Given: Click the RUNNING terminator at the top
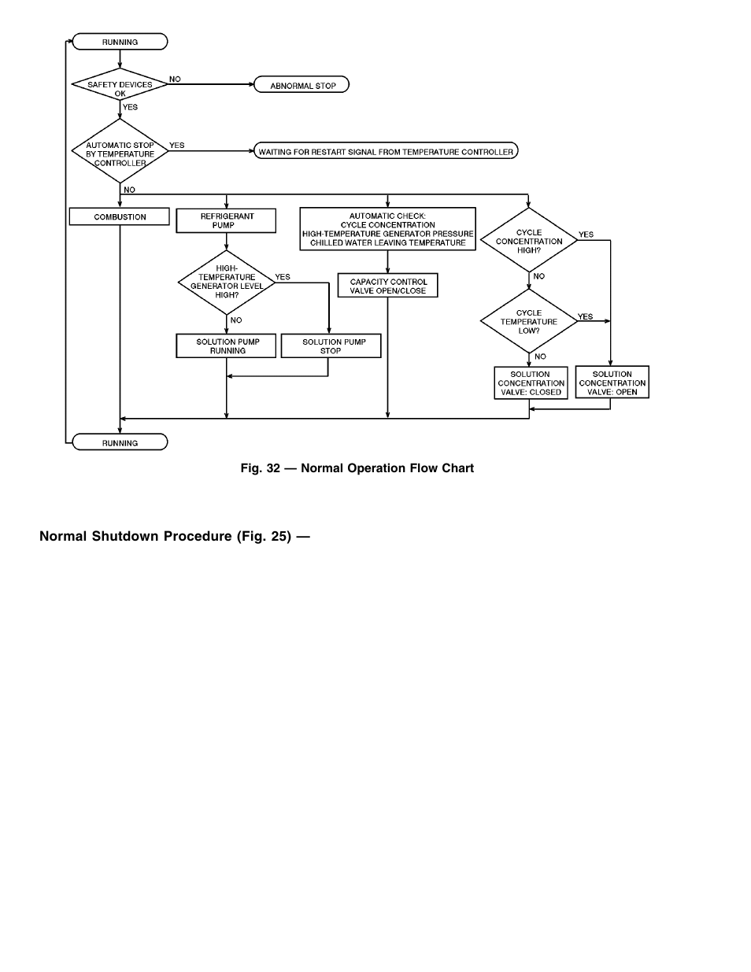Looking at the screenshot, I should point(120,42).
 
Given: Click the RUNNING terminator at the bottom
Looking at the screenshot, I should point(120,442).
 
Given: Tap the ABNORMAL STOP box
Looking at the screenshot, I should point(302,85).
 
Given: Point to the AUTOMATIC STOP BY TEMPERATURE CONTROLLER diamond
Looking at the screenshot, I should point(120,151).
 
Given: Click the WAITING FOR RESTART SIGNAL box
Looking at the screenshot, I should point(386,151).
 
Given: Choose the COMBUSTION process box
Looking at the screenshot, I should point(120,216).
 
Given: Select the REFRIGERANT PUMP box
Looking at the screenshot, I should point(226,220).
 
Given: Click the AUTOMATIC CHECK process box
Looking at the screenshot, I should point(387,229).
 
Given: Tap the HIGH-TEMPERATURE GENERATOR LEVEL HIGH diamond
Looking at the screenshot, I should point(226,282).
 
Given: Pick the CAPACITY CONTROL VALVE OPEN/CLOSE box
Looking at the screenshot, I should point(387,286).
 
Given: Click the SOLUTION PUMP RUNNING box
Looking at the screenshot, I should point(226,346).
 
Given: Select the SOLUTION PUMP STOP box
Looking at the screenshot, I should point(331,346).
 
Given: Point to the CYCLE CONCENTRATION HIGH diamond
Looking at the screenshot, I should point(529,241).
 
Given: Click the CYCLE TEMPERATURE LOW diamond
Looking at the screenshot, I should point(529,321).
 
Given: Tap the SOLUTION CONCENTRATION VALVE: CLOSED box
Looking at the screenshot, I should point(531,383).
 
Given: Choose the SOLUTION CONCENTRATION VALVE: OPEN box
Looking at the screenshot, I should point(612,383).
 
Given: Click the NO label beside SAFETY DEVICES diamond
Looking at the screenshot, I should point(175,79).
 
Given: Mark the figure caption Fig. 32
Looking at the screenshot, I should point(357,468).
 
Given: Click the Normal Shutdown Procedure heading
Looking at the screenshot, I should point(174,536).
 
